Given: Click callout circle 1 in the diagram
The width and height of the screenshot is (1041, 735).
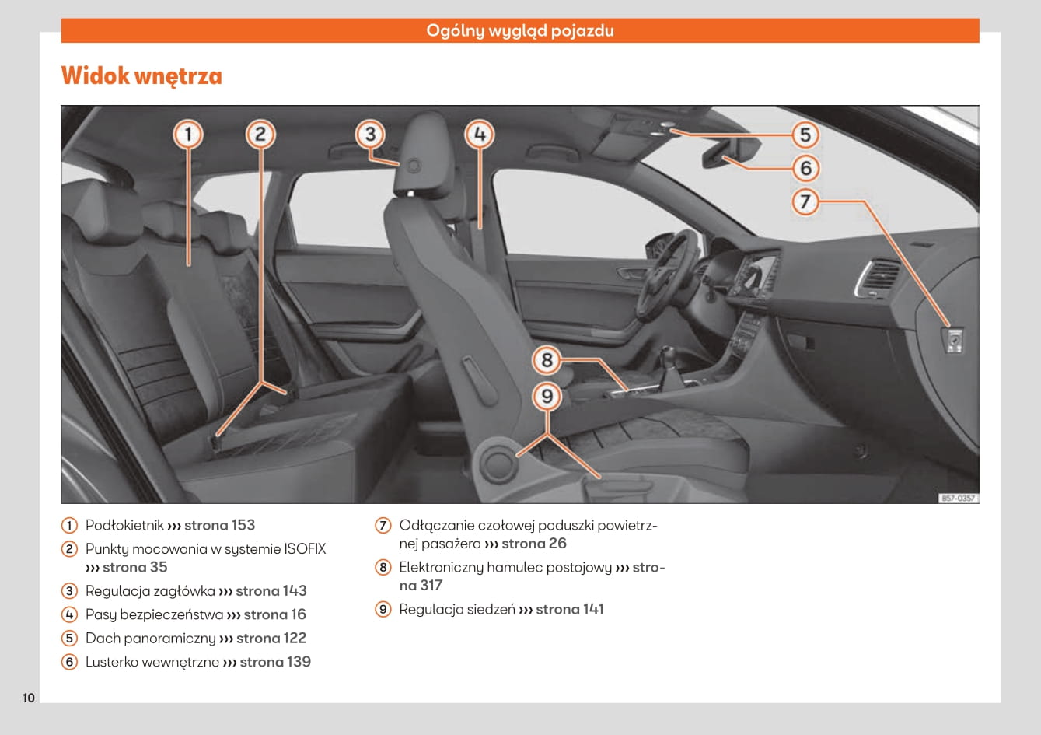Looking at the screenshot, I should point(187,135).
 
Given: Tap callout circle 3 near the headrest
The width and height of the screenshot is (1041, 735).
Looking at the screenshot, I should point(370,134).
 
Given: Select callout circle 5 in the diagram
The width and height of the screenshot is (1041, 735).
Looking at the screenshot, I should point(805,135).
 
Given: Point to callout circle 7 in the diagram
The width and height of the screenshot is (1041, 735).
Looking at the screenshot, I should point(805,201).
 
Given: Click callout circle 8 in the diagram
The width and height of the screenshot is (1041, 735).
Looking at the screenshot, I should point(547,359).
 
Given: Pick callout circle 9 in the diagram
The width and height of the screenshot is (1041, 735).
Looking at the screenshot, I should point(547,397).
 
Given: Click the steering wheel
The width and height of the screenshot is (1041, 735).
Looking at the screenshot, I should point(665,272).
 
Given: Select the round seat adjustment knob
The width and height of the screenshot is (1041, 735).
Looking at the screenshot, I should point(495,462).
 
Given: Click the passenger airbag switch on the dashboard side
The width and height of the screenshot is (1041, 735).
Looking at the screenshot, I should point(953,341).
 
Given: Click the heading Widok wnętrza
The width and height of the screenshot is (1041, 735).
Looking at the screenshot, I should point(141,76).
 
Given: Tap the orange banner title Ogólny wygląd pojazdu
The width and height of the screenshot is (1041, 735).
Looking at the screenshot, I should point(519,31).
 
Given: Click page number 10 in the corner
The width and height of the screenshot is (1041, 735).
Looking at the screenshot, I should point(29,698).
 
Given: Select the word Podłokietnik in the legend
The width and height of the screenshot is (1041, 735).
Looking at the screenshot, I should point(124,525).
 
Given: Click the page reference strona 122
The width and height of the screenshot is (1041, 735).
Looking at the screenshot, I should point(271,638).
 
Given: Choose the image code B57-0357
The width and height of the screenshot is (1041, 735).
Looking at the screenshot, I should point(957,498).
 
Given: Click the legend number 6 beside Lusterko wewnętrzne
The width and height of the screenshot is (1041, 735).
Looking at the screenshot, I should point(70,662).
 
